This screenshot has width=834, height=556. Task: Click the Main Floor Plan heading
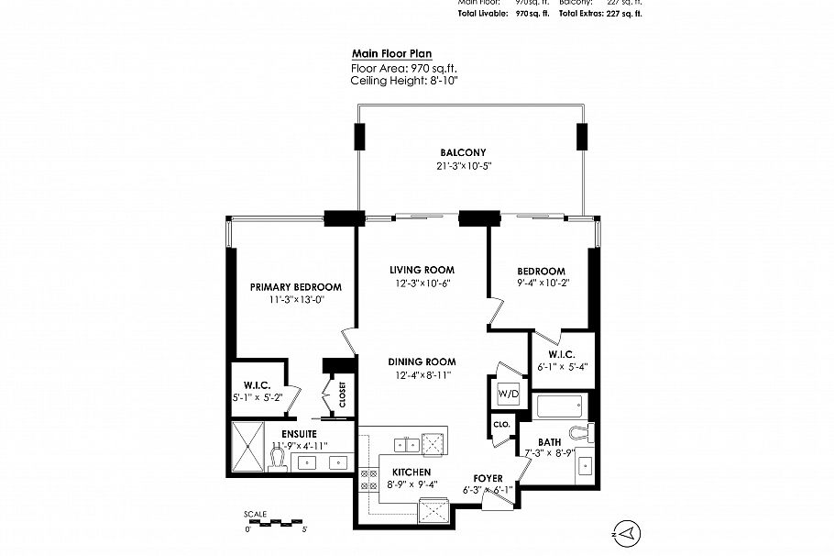pyautogui.click(x=391, y=54)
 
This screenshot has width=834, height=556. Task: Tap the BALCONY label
pyautogui.click(x=461, y=152)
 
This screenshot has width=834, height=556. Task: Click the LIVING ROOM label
pyautogui.click(x=422, y=270)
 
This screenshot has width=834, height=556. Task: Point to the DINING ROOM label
pyautogui.click(x=422, y=361)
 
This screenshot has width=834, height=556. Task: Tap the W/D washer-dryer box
pyautogui.click(x=508, y=395)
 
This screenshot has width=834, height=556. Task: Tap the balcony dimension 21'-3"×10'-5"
pyautogui.click(x=461, y=166)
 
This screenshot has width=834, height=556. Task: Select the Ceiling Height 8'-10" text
pyautogui.click(x=404, y=81)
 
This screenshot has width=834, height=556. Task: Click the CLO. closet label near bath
pyautogui.click(x=501, y=425)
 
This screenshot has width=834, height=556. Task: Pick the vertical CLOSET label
pyautogui.click(x=342, y=395)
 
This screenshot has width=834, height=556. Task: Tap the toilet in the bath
pyautogui.click(x=578, y=430)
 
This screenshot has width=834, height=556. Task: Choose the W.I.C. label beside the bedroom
pyautogui.click(x=563, y=355)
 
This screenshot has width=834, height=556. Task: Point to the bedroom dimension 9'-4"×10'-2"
pyautogui.click(x=541, y=284)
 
